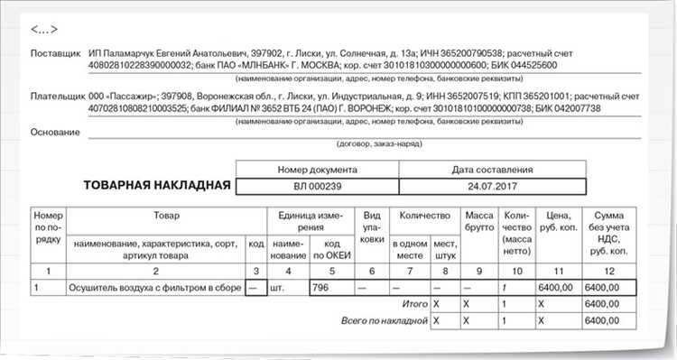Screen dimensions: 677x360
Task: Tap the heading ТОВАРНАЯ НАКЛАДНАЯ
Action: [x=156, y=186]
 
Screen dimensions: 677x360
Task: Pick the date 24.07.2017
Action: [x=491, y=187]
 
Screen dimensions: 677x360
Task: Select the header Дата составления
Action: [x=491, y=169]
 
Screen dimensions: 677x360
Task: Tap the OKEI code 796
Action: [x=321, y=288]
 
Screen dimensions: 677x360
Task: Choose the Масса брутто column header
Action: [x=478, y=223]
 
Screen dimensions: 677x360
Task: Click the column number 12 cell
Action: [x=611, y=271]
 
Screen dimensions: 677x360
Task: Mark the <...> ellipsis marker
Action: [x=45, y=30]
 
